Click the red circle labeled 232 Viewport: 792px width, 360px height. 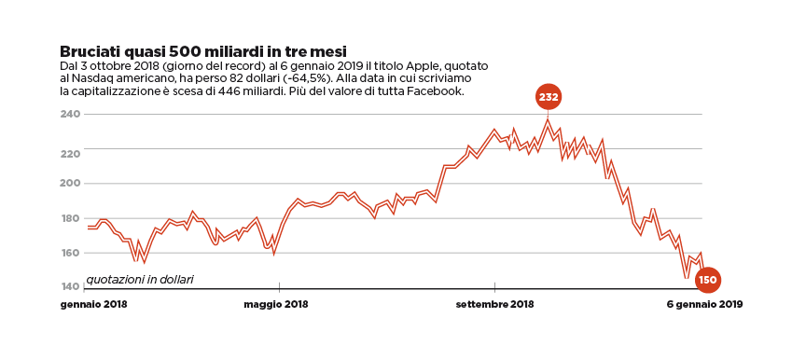tap(549, 97)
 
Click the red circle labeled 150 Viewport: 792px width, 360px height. tap(707, 279)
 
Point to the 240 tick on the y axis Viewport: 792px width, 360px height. tap(71, 115)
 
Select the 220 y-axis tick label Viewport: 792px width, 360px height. tap(71, 149)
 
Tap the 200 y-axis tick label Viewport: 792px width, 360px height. tap(71, 184)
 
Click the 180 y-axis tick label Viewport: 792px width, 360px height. tap(71, 218)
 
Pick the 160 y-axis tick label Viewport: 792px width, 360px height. tap(71, 253)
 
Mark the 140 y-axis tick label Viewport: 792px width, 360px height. tap(71, 286)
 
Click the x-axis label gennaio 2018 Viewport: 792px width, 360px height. tap(94, 304)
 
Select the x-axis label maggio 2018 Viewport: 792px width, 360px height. tap(276, 304)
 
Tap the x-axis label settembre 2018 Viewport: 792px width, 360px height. tap(494, 304)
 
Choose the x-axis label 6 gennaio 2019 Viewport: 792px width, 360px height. tap(704, 304)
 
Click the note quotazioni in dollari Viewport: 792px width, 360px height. tap(140, 279)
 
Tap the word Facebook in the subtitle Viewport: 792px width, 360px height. tap(436, 91)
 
